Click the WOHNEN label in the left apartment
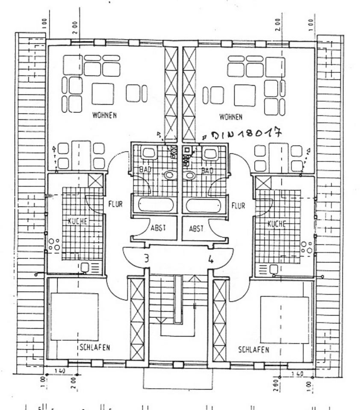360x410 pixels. (104, 115)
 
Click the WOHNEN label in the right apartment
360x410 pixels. (230, 117)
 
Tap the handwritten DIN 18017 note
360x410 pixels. (244, 134)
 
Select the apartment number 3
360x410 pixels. (146, 258)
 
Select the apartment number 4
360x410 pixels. (211, 259)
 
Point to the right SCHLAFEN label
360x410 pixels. (254, 350)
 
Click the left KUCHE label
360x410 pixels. (77, 221)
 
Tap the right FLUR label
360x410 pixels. (238, 205)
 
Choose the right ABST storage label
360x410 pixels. (197, 228)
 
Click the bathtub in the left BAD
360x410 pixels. (156, 205)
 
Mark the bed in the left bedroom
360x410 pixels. (74, 316)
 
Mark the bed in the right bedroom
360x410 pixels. (284, 320)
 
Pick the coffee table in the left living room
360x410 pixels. (103, 94)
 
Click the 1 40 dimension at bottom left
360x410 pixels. (59, 372)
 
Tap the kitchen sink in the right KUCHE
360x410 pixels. (273, 269)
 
